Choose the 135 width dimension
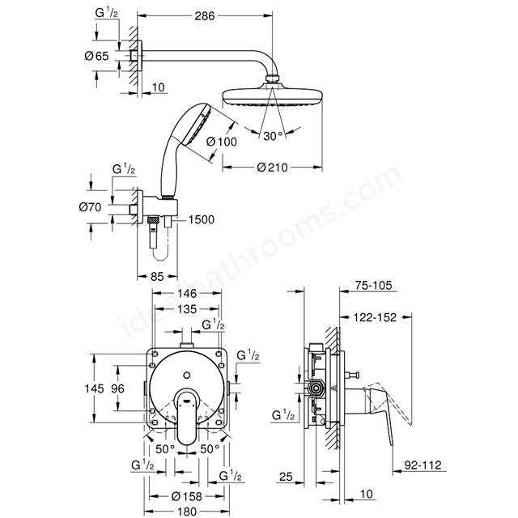click(x=188, y=309)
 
